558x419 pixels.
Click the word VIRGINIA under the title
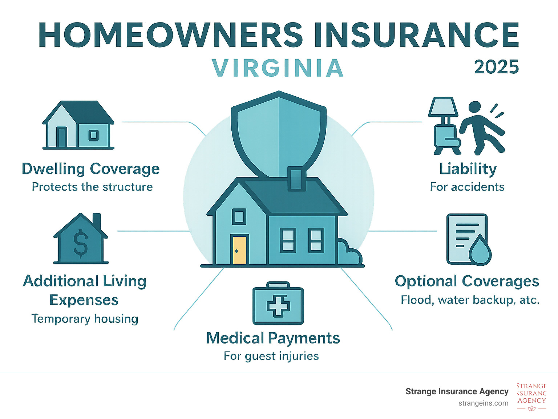pos(278,68)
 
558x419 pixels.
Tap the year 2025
pos(496,67)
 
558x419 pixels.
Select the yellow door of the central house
pos(239,250)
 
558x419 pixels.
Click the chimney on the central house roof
pos(296,179)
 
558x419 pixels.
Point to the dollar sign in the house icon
pos(81,243)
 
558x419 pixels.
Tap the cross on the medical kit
pos(278,306)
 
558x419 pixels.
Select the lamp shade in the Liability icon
pos(443,107)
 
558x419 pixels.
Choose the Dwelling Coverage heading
pos(91,169)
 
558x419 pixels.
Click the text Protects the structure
pos(92,187)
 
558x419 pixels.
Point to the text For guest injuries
pos(271,356)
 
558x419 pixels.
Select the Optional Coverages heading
pos(467,282)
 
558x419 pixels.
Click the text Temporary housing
pos(85,319)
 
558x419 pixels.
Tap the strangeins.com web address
pos(483,403)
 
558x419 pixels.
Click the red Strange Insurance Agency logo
pos(531,397)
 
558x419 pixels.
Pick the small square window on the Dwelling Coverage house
pos(94,135)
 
